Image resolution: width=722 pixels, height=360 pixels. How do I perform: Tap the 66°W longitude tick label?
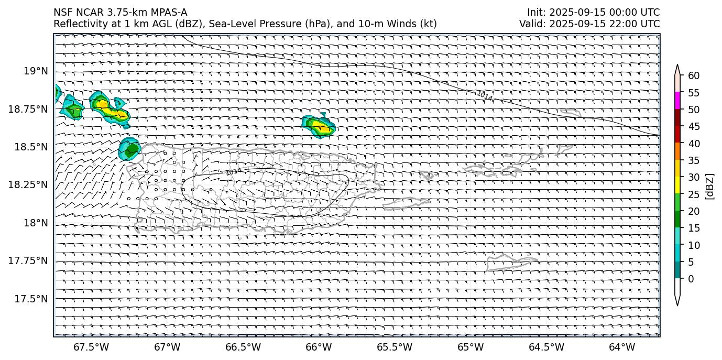click(319, 347)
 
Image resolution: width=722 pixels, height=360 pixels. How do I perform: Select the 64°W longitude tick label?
click(622, 347)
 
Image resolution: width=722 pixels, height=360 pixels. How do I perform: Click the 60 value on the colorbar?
click(694, 76)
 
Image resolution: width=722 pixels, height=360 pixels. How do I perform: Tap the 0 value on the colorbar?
click(691, 279)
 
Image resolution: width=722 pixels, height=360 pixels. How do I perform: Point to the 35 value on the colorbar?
click(694, 160)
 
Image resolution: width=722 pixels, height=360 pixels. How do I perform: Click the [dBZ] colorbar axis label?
click(710, 186)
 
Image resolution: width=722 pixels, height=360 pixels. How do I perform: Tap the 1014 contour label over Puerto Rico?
click(234, 171)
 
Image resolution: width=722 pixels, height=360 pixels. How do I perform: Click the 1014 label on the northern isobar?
click(484, 96)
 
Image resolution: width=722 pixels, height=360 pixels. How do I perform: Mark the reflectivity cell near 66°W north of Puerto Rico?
click(319, 126)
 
